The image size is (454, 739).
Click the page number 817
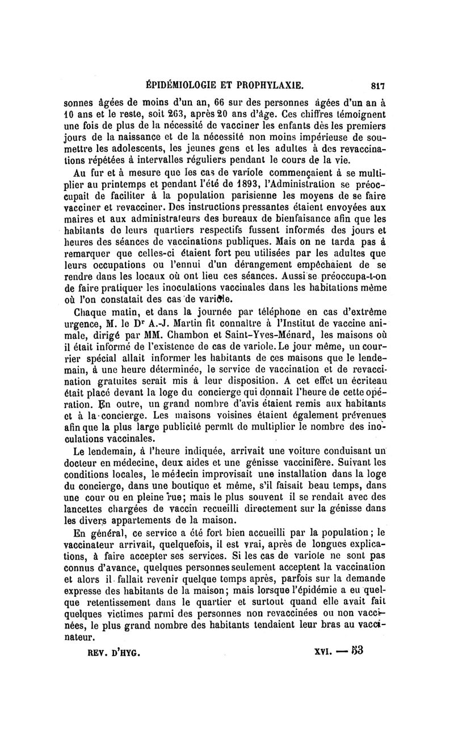click(x=378, y=87)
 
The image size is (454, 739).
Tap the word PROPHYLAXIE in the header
click(x=271, y=87)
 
